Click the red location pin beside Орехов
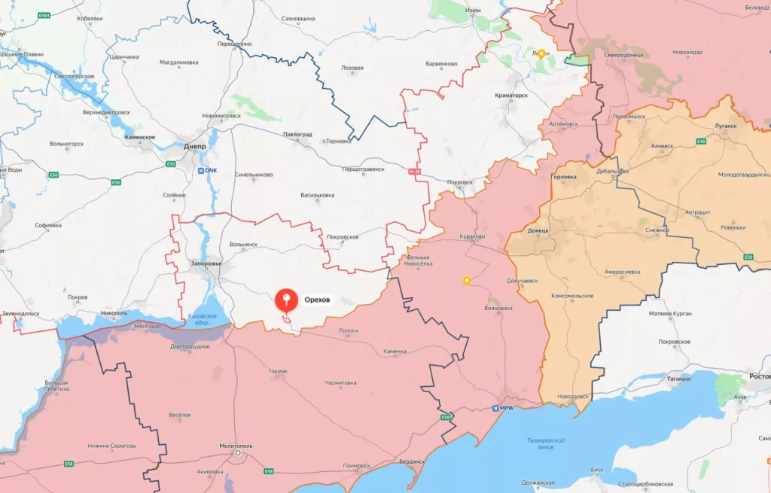coord(285,300)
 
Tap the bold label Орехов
coord(317,300)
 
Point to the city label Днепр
coord(196,148)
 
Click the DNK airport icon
coord(200,171)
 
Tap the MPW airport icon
coord(495,409)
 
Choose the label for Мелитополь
coord(237,446)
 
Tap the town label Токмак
coord(278,371)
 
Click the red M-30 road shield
coord(414,172)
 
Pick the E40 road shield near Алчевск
coord(701,141)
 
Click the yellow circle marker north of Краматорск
coord(541,53)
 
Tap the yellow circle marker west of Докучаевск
coord(466,281)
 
